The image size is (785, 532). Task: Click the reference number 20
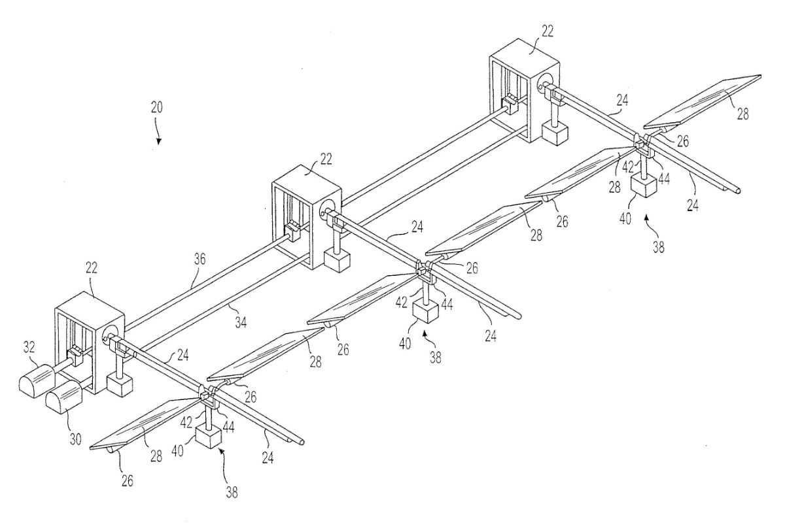(157, 108)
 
